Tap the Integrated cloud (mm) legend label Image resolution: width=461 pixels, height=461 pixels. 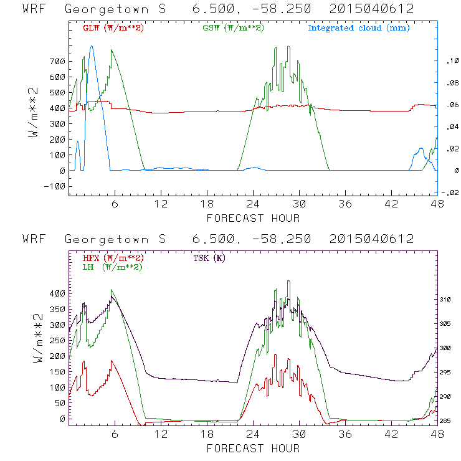(x=358, y=28)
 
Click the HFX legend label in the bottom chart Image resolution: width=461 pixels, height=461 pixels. (x=110, y=258)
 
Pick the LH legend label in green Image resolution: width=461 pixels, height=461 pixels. (x=112, y=267)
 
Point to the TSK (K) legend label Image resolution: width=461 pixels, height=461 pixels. (x=211, y=258)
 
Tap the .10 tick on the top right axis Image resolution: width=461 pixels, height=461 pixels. (x=449, y=61)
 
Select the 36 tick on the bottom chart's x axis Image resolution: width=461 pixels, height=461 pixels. (x=346, y=435)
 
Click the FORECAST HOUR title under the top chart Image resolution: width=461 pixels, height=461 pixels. (x=253, y=218)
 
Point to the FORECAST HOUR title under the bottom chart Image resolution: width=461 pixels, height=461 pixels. (x=253, y=448)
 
